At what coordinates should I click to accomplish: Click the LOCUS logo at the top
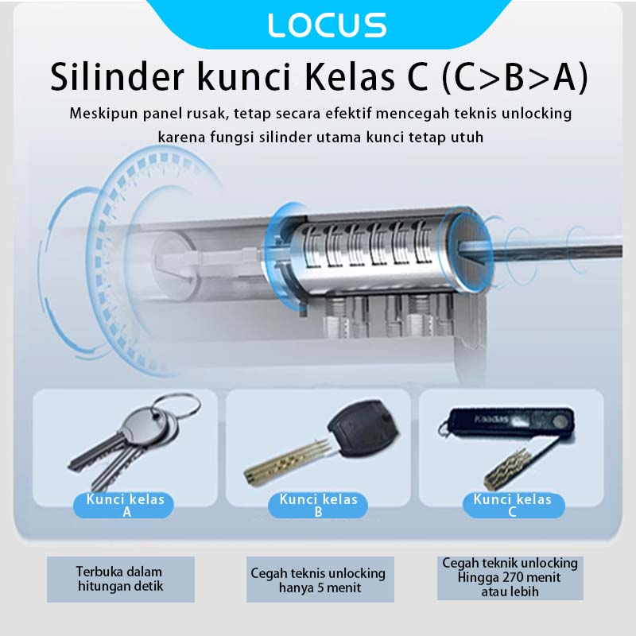click(327, 25)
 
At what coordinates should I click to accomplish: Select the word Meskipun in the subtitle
click(105, 113)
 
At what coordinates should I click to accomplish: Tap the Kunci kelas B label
click(318, 506)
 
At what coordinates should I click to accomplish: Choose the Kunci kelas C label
click(512, 506)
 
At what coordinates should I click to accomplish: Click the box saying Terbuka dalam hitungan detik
click(120, 579)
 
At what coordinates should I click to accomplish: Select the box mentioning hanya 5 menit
click(318, 580)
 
